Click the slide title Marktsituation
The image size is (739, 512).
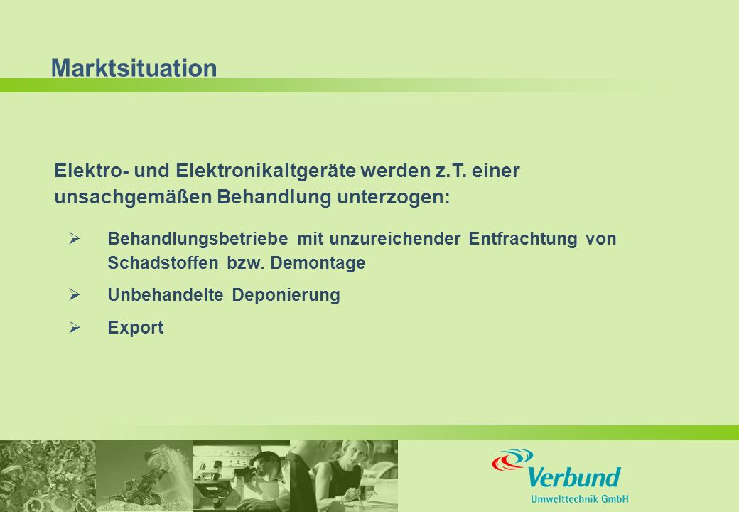tap(134, 68)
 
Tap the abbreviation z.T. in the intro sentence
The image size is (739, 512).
tap(451, 171)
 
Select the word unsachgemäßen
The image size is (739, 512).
tap(134, 196)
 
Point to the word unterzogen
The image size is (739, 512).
tap(393, 196)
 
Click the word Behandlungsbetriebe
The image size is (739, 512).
tap(198, 238)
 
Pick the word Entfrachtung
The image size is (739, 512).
tap(523, 238)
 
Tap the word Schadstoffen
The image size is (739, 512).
tap(163, 262)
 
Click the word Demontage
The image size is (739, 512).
tap(318, 262)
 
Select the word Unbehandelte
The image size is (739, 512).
tap(166, 294)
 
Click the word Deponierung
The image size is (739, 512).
tap(286, 295)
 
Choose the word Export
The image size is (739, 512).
tap(136, 327)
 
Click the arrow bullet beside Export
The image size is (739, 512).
tap(75, 327)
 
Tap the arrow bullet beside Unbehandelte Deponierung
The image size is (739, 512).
tap(75, 294)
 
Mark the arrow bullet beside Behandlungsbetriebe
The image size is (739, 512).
tap(75, 238)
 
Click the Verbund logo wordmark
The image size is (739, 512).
tap(573, 477)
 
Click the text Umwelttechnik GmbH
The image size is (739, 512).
tap(579, 498)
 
